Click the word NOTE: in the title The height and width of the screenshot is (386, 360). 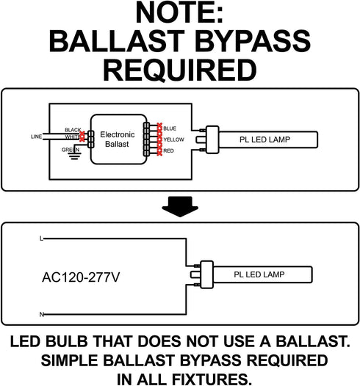coord(179,12)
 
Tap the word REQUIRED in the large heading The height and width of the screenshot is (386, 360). coord(180,70)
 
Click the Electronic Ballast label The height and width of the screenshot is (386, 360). coord(118,139)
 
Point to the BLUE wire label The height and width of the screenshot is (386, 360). coord(170,128)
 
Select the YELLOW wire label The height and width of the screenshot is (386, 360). coord(173,139)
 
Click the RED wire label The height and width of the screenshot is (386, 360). coord(168,150)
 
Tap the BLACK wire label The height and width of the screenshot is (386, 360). coord(73,130)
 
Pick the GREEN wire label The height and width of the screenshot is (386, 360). coord(71,150)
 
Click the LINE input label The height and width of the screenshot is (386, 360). coord(36,136)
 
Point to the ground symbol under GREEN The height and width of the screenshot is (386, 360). coord(74,156)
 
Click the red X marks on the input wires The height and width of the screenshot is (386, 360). coord(82,136)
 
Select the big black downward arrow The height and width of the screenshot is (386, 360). coord(180,206)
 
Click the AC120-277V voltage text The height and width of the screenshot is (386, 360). coord(81,277)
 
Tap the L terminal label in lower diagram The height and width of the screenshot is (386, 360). coord(41,238)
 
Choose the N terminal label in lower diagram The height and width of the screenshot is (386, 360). coord(42,314)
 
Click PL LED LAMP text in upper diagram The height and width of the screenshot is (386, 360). coord(265,139)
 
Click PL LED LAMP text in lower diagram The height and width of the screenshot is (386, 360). coord(259,274)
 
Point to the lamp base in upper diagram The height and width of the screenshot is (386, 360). coord(212,139)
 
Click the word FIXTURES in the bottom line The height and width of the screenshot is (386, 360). coord(209,379)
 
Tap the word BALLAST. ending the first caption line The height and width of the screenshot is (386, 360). coord(313,342)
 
